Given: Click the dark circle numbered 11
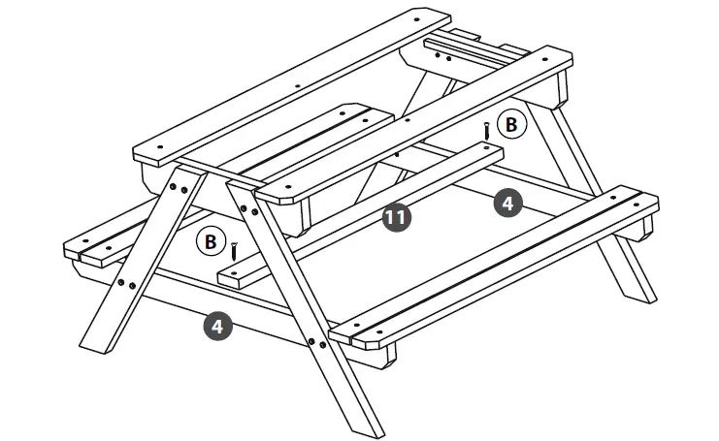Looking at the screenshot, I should [396, 217].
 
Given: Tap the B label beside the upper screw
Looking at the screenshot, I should [511, 124].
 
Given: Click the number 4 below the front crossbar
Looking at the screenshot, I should [217, 326].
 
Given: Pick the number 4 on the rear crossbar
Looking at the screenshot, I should [507, 202].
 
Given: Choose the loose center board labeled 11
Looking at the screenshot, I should [359, 213].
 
